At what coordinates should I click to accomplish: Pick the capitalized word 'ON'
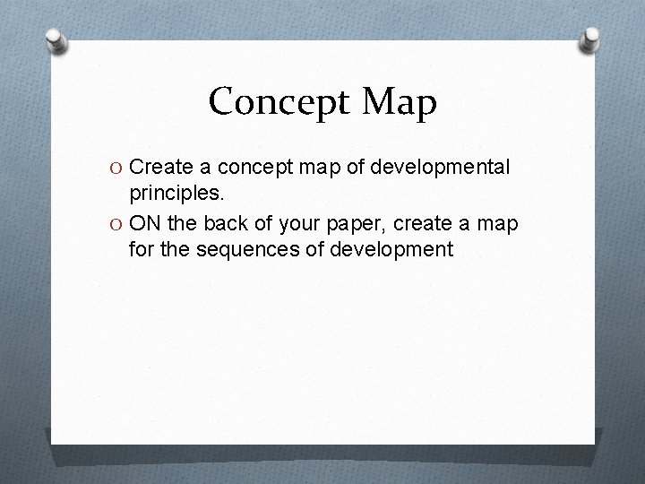pyautogui.click(x=146, y=222)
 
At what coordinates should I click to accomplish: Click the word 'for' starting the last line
pyautogui.click(x=141, y=249)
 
